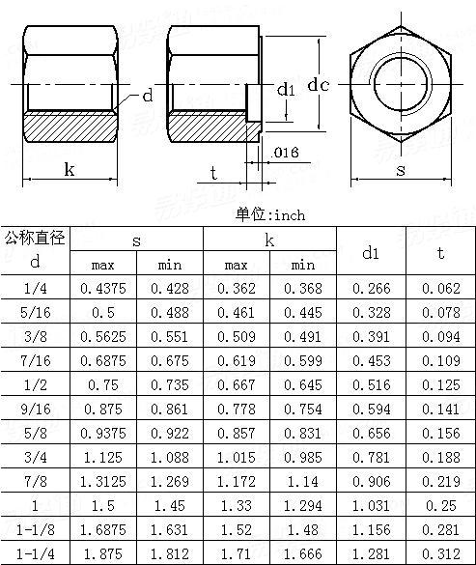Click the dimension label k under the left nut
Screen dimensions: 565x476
[x=70, y=170]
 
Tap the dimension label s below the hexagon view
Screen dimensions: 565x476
[x=400, y=170]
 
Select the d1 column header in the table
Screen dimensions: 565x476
[x=371, y=253]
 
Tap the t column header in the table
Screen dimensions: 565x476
[x=440, y=253]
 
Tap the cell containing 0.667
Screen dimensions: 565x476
[x=237, y=383]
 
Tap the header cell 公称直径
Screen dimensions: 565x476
[x=35, y=238]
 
